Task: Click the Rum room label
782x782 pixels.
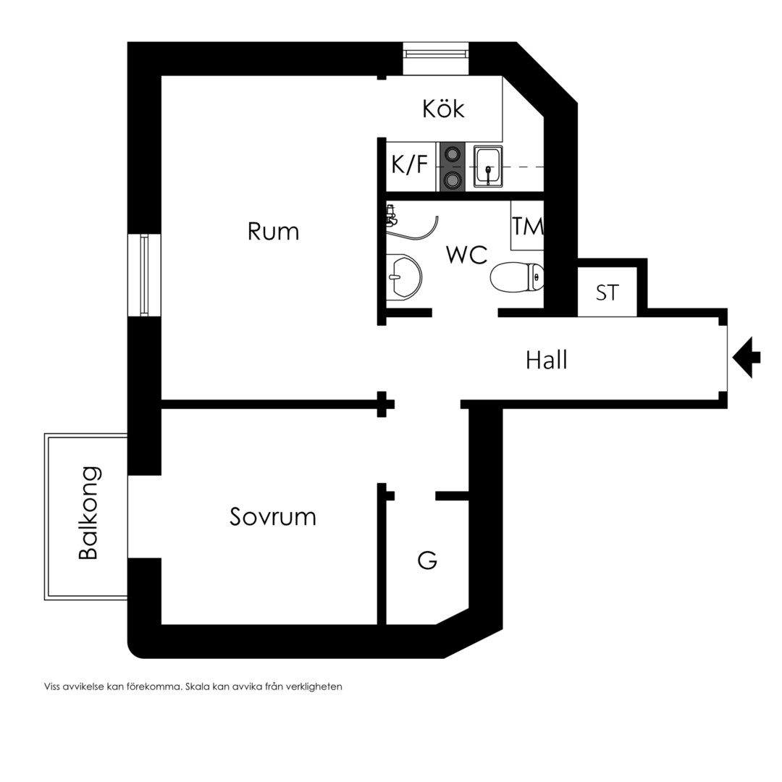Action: coord(273,232)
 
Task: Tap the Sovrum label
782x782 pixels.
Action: coord(273,517)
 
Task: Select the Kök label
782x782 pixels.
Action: coord(443,108)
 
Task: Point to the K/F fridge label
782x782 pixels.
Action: coord(409,164)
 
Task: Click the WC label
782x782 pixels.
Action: coord(467,255)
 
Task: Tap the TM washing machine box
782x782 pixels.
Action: coord(527,225)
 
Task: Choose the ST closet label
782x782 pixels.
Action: coord(607,293)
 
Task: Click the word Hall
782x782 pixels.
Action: coord(547,360)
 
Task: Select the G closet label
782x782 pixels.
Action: coord(427,560)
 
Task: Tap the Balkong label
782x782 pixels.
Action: coord(90,513)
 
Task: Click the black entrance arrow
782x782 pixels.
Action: coord(747,357)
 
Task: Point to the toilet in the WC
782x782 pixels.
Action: coord(517,277)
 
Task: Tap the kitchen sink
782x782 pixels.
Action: coord(488,167)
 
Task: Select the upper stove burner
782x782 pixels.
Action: coord(453,154)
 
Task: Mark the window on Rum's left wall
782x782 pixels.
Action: coord(144,275)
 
